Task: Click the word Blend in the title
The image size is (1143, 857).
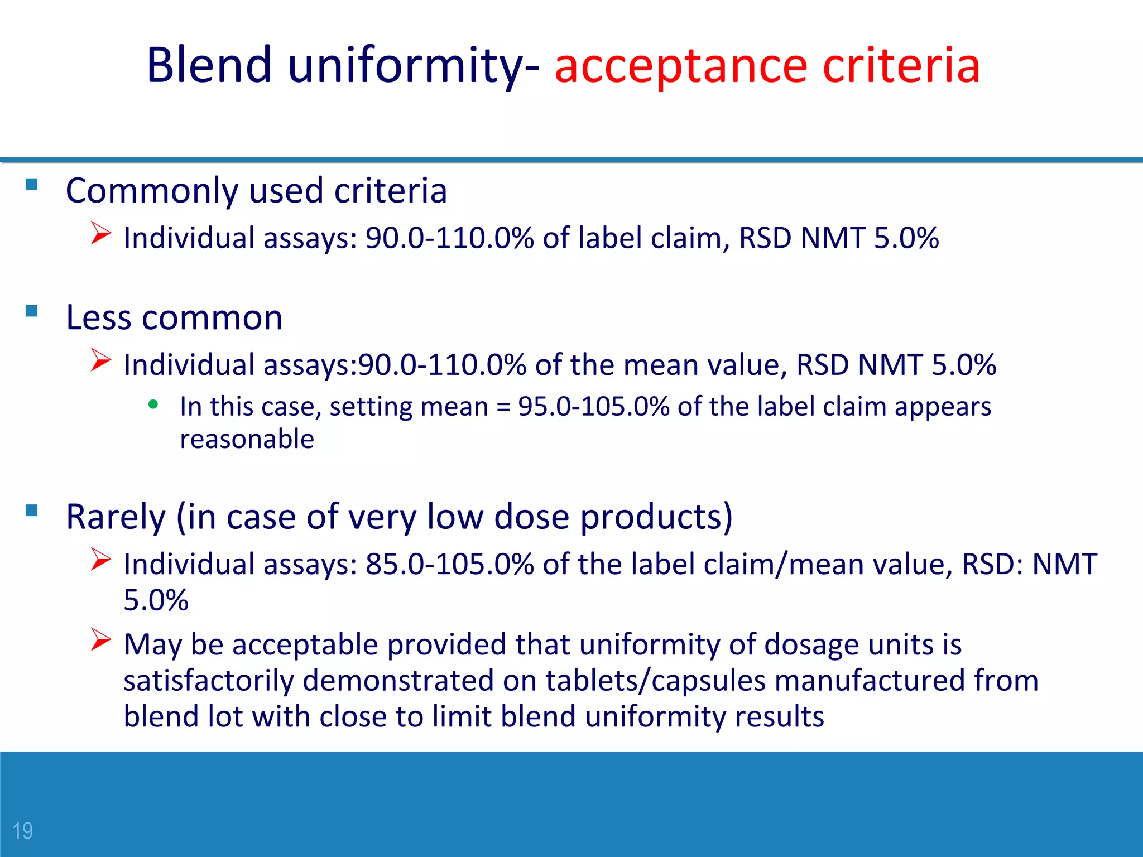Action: [x=209, y=65]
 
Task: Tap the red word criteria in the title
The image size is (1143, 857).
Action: [x=901, y=65]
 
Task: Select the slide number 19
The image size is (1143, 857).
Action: [x=23, y=831]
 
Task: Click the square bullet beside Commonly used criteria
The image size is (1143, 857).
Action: [x=32, y=184]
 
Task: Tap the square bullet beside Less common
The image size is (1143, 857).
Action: [x=32, y=311]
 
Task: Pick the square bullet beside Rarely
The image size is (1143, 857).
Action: [x=32, y=510]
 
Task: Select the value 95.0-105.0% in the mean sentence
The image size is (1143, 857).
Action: [x=593, y=407]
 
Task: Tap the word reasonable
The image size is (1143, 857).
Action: [x=247, y=439]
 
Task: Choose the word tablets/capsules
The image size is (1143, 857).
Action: [x=655, y=681]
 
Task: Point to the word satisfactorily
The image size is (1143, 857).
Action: [x=209, y=681]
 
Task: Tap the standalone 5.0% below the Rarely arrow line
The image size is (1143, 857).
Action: [x=156, y=600]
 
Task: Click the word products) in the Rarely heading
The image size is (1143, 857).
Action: [x=656, y=517]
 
